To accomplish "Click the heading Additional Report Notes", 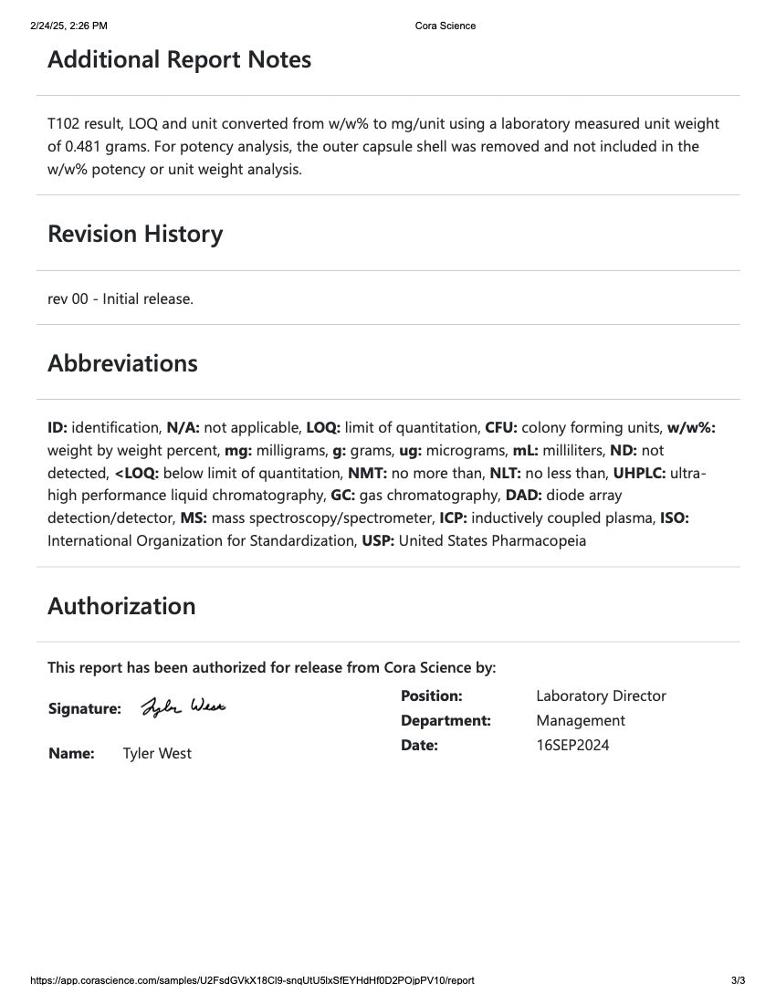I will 179,60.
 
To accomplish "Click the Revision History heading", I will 135,235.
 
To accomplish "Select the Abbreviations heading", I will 122,363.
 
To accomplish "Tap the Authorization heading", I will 121,607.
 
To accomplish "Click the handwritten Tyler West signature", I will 183,707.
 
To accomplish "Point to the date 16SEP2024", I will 572,745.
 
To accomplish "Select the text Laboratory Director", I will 601,695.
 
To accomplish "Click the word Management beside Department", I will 581,720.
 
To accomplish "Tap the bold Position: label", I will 431,695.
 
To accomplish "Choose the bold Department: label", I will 446,720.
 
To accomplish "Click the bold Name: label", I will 71,753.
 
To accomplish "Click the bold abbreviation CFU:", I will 501,427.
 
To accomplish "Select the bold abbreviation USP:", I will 378,540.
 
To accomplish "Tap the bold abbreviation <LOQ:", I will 137,473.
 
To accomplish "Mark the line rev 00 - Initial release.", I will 121,298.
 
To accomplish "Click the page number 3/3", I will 738,980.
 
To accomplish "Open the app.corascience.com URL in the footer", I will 252,980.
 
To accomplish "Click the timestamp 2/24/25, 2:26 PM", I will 68,26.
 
